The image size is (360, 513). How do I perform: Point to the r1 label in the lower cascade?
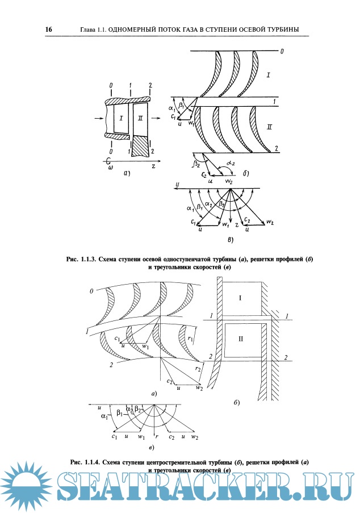(190, 340)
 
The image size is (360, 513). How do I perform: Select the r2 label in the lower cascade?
(198, 369)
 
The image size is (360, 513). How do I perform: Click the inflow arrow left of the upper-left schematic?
(97, 119)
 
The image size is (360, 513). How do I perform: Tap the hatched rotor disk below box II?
(140, 147)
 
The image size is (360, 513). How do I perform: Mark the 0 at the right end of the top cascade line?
(282, 52)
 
